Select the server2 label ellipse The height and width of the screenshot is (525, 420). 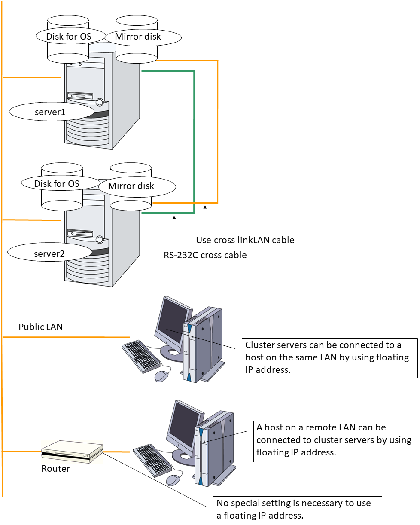pos(49,253)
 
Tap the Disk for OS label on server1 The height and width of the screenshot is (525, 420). pos(69,36)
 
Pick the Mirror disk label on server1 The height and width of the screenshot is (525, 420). pos(138,37)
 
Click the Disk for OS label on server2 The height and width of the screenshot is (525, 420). pos(57,184)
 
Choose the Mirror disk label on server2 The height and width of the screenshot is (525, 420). pos(131,186)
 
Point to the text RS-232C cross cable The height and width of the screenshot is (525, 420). pos(205,255)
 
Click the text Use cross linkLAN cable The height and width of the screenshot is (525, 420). pos(245,240)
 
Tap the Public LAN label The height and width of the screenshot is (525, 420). pos(40,327)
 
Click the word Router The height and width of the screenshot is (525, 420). pos(55,469)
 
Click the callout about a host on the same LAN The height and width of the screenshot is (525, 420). pos(329,357)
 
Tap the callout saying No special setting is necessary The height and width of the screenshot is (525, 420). pos(297,510)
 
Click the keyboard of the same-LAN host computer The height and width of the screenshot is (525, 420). pos(141,356)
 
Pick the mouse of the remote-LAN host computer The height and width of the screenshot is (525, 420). pos(173,480)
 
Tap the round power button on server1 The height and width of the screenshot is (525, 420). pos(100,102)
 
